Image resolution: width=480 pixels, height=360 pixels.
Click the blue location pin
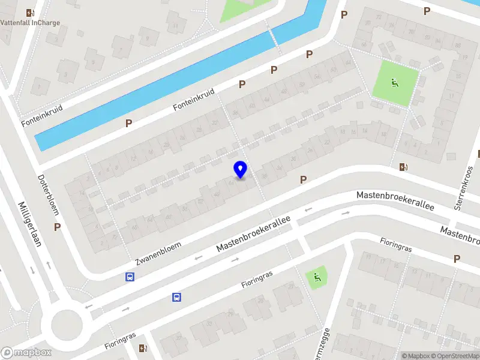(240, 169)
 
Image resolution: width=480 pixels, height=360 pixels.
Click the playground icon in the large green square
(395, 83)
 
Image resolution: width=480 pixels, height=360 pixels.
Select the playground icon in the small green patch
(316, 277)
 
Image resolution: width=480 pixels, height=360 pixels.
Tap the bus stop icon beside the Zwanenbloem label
(130, 277)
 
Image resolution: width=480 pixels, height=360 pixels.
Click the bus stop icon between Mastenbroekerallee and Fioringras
(177, 297)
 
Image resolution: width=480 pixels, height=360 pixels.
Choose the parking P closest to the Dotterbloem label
(57, 227)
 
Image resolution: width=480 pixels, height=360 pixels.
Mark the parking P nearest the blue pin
(303, 179)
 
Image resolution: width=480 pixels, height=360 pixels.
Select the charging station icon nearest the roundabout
(142, 348)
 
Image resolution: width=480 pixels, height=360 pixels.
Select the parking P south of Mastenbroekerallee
(457, 259)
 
